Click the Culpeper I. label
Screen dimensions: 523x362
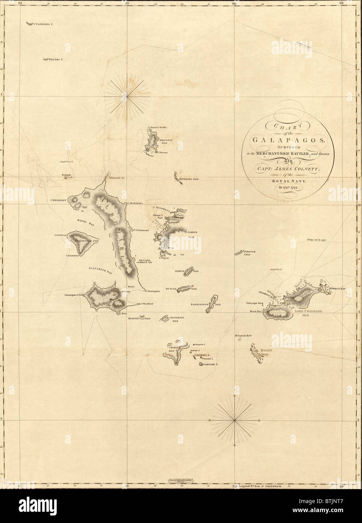[x=45, y=24]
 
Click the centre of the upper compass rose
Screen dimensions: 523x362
[x=127, y=97]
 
